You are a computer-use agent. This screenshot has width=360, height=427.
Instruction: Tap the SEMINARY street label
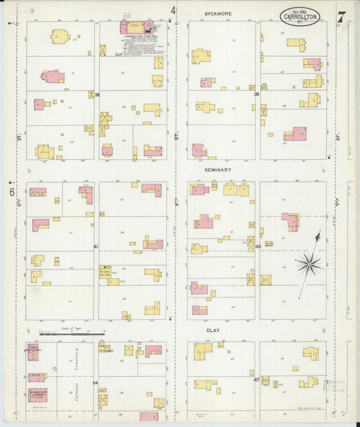coord(217,170)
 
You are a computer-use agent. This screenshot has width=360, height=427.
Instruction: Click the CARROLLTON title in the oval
coord(300,17)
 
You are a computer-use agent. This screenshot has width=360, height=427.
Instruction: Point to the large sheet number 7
coord(342,16)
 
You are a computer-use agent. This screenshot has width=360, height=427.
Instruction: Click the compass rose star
coord(309,263)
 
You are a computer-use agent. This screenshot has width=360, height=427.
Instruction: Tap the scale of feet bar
coord(72,333)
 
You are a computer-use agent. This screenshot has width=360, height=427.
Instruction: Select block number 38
coord(97,95)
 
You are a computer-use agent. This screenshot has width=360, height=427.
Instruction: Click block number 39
coord(257,95)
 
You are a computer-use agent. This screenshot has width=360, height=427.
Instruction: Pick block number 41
coord(96,247)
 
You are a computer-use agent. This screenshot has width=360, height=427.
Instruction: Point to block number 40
coord(258,247)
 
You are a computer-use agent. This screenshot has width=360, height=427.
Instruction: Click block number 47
coord(257,380)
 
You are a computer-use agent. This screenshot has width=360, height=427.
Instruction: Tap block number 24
coord(95,383)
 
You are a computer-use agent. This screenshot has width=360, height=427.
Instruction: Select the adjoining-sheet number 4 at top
coord(173,10)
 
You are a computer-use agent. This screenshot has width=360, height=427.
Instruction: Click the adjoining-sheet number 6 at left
coord(12,192)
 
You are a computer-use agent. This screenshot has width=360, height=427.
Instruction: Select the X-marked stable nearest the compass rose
coord(265,280)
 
